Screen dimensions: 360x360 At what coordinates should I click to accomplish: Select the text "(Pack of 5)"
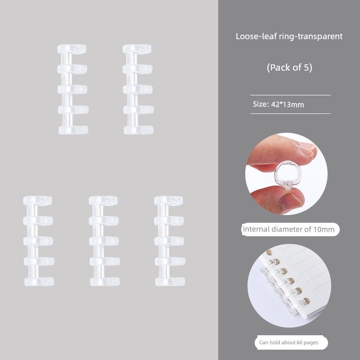(289, 68)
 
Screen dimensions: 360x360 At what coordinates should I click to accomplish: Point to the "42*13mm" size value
(288, 104)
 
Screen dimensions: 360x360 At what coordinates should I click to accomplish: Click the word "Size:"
(261, 104)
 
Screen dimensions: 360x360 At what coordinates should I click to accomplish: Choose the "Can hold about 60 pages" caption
(289, 342)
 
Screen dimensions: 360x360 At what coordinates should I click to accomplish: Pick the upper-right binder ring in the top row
(138, 90)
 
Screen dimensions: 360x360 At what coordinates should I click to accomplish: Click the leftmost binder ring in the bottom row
(38, 241)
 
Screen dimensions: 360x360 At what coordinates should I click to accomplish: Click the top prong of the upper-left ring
(72, 49)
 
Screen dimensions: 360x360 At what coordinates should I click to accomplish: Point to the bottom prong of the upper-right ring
(139, 130)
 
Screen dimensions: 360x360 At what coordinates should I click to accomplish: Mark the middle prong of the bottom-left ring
(39, 241)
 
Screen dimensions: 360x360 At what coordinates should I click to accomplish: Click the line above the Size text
(290, 95)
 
